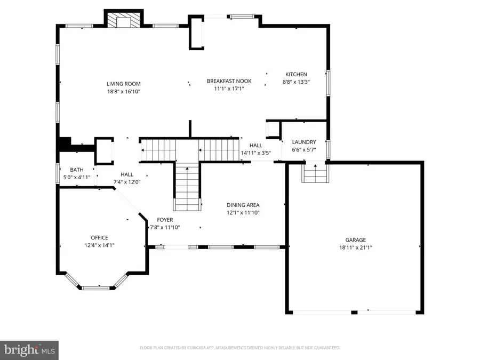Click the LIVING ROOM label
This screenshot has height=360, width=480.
(123, 84)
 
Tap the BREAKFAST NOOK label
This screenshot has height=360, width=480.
(229, 81)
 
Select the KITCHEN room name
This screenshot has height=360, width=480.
(296, 74)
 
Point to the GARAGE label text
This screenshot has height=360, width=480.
(355, 240)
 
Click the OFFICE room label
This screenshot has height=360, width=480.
(99, 238)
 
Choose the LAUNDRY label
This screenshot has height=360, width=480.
(304, 142)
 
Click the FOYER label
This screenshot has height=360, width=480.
(165, 220)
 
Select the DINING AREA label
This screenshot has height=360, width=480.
(243, 205)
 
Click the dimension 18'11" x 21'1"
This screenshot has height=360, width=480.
(355, 247)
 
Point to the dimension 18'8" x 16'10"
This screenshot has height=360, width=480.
(123, 91)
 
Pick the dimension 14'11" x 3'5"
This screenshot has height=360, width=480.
(256, 153)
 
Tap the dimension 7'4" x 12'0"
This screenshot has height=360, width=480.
(127, 182)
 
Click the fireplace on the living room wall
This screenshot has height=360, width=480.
(123, 20)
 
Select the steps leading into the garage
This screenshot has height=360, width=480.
(315, 173)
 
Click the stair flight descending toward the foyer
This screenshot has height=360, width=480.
(187, 188)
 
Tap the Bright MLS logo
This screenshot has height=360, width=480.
(29, 350)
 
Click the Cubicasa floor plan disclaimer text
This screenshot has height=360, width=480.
(239, 348)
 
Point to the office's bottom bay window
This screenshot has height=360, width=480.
(95, 287)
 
